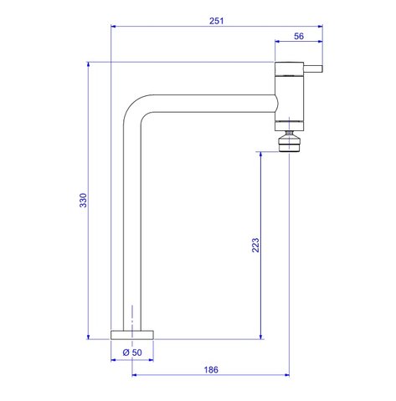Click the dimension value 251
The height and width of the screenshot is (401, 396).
216,21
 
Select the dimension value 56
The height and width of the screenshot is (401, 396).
299,36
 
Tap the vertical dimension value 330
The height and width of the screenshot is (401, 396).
83,200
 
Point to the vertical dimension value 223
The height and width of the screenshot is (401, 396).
255,245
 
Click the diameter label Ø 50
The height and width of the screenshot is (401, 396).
132,353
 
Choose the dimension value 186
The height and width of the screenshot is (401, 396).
211,370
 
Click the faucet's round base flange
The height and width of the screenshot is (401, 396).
132,335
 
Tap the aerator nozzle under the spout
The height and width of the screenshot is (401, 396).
290,141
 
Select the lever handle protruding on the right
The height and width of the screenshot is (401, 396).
313,69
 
